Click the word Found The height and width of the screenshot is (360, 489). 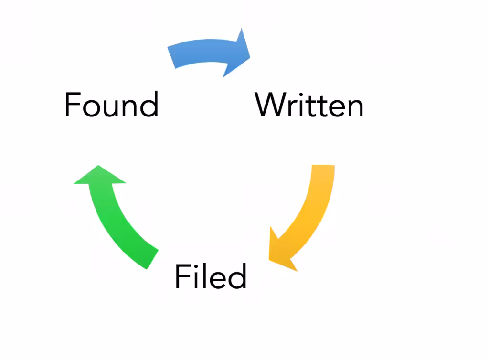(x=111, y=105)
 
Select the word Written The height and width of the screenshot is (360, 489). (x=309, y=105)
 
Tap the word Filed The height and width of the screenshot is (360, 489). (x=211, y=276)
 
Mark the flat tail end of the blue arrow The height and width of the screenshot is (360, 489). (x=171, y=57)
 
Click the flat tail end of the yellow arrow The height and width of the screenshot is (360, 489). (x=323, y=166)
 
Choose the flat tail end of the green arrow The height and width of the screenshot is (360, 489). (x=152, y=259)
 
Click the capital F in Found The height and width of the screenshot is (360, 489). (x=73, y=105)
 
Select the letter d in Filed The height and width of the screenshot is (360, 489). (x=237, y=276)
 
